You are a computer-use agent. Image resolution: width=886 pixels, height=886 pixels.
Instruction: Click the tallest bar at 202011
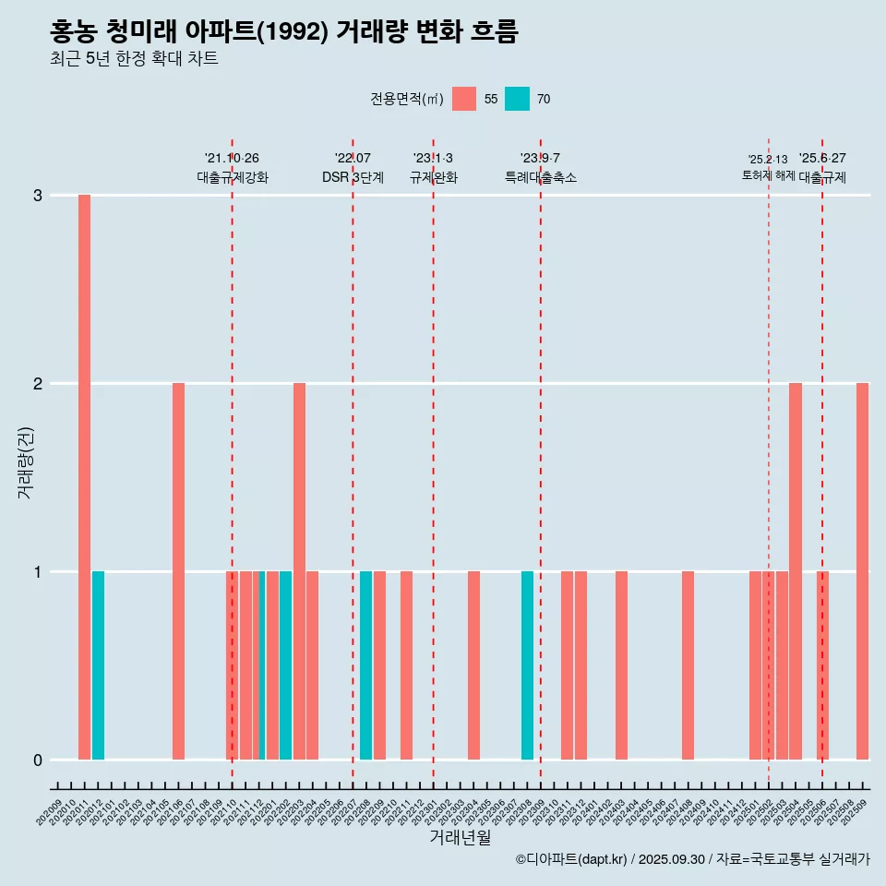pyautogui.click(x=84, y=477)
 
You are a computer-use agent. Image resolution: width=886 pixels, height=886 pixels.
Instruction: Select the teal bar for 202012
pyautogui.click(x=98, y=665)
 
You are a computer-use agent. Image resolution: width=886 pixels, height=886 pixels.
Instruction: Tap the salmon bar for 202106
pyautogui.click(x=178, y=571)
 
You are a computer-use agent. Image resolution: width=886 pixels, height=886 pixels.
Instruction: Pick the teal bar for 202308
pyautogui.click(x=527, y=665)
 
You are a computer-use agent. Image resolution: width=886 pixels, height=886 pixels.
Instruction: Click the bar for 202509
pyautogui.click(x=862, y=571)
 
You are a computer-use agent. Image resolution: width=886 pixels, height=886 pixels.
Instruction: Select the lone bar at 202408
pyautogui.click(x=688, y=665)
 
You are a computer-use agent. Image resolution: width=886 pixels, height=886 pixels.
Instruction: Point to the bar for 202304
pyautogui.click(x=473, y=665)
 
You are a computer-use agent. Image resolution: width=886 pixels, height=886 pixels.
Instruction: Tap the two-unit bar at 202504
pyautogui.click(x=795, y=571)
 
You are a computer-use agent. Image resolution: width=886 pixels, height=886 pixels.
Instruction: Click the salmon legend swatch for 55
pyautogui.click(x=464, y=99)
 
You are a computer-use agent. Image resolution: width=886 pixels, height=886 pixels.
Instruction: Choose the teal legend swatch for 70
pyautogui.click(x=517, y=99)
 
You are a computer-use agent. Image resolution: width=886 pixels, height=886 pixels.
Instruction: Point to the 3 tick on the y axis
pyautogui.click(x=38, y=196)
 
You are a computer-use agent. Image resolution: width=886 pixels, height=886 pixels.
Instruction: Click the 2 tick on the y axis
pyautogui.click(x=38, y=383)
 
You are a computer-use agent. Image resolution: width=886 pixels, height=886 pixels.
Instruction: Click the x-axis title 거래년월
pyautogui.click(x=460, y=837)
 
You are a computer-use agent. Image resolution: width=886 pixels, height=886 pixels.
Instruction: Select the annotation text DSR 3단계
pyautogui.click(x=353, y=177)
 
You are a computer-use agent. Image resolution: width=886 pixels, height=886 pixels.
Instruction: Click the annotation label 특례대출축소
pyautogui.click(x=540, y=177)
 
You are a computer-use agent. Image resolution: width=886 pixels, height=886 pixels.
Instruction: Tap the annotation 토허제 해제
pyautogui.click(x=768, y=175)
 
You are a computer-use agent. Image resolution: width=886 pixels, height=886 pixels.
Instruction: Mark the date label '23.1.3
pyautogui.click(x=433, y=158)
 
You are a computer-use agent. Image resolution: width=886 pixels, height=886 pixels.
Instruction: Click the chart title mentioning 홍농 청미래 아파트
pyautogui.click(x=284, y=32)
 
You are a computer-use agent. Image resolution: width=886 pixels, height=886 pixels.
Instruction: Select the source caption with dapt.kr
pyautogui.click(x=692, y=859)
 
